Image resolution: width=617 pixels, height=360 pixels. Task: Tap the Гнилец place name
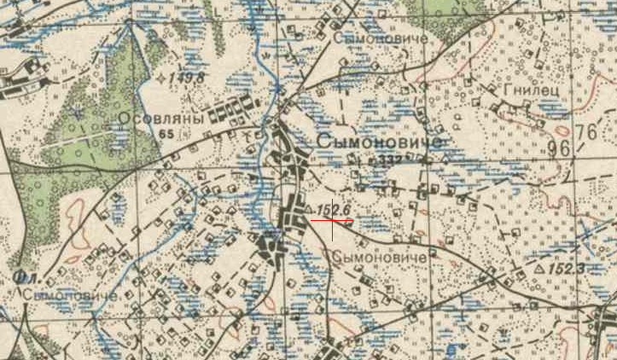point(526,90)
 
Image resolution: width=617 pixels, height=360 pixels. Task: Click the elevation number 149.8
point(188,79)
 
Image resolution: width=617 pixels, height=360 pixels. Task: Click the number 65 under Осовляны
point(165,134)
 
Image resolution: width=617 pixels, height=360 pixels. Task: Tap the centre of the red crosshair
point(332,220)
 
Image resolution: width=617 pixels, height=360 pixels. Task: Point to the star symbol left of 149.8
point(163,78)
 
